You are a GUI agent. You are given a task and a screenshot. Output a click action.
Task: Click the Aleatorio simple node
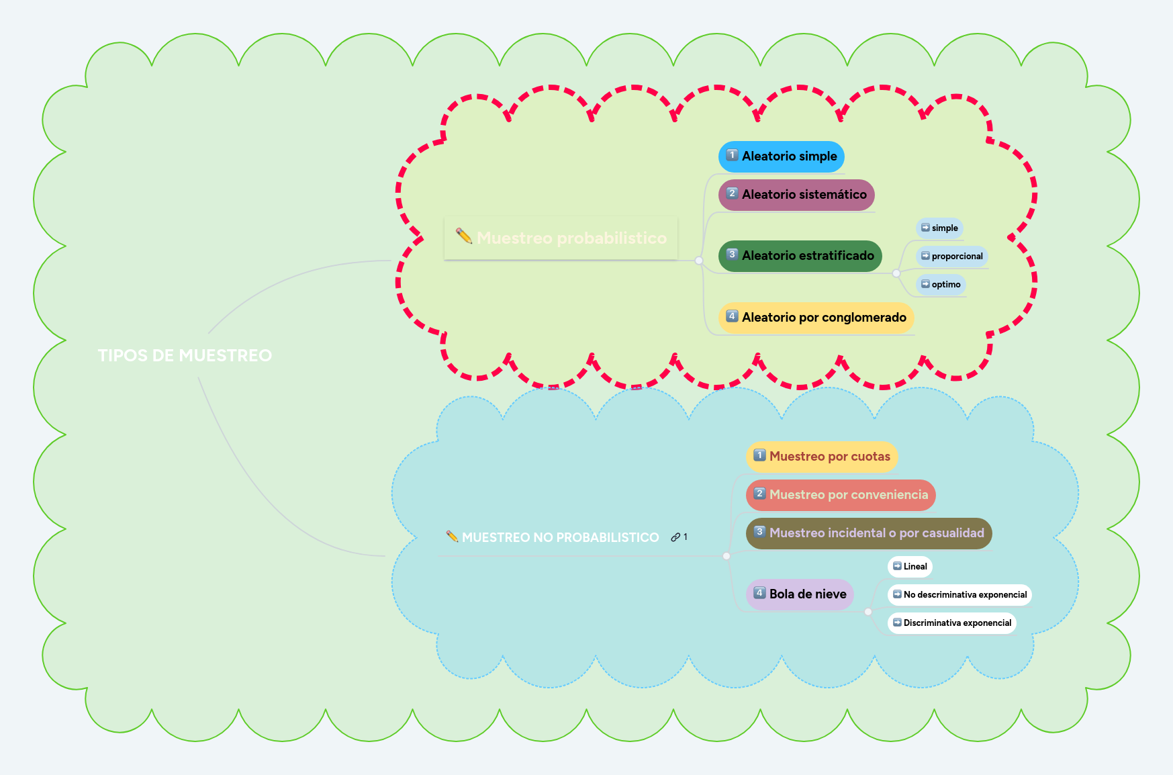click(781, 156)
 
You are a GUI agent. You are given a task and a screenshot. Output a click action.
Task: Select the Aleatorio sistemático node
click(796, 195)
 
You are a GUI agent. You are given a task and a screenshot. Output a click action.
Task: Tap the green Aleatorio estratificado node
click(800, 256)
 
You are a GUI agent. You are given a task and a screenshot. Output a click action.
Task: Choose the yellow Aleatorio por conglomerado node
click(816, 318)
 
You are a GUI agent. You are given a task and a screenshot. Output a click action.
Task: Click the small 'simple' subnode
click(939, 228)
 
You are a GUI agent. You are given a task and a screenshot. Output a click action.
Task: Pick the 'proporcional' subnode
click(951, 257)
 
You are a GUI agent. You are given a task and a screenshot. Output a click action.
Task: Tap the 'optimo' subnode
click(941, 285)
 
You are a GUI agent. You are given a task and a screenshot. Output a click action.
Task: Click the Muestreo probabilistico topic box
click(561, 238)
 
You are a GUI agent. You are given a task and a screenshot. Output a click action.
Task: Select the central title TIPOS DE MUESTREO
click(185, 355)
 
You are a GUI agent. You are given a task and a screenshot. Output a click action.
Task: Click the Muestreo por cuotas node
click(821, 457)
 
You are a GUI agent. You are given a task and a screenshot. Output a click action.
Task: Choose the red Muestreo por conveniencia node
click(840, 495)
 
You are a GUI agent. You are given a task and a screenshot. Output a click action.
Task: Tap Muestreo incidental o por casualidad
click(868, 533)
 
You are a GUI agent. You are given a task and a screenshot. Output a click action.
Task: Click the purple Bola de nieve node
click(800, 594)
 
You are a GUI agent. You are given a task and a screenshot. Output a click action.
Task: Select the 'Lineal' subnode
click(910, 567)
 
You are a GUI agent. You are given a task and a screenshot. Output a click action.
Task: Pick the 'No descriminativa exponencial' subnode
click(959, 595)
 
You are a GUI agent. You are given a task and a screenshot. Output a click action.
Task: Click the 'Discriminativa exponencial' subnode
click(951, 623)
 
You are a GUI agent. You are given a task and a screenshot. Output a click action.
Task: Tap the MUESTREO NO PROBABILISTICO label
click(560, 537)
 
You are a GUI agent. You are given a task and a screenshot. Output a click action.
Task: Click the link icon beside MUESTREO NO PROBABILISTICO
click(675, 537)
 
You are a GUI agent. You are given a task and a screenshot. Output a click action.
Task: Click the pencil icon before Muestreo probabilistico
click(464, 236)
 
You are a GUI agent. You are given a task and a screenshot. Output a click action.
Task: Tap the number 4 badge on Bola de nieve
click(759, 593)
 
